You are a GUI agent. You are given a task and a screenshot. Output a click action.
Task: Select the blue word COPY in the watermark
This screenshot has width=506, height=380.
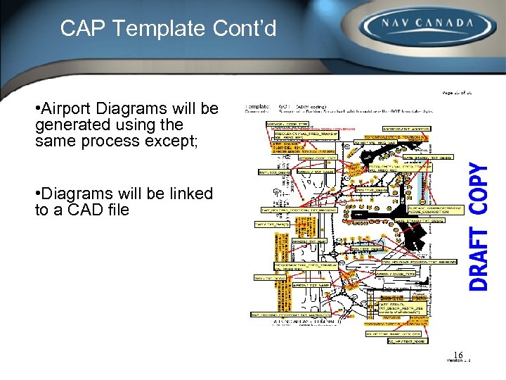coord(479,188)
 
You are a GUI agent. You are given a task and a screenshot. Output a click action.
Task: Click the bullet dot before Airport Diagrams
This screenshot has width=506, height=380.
coord(37,110)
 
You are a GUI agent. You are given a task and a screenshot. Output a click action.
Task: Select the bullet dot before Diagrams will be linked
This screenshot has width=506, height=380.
coord(37,194)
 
